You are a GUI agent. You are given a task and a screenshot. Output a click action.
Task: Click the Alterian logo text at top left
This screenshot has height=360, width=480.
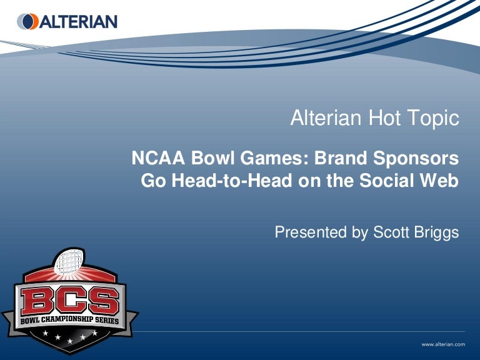[x=78, y=22]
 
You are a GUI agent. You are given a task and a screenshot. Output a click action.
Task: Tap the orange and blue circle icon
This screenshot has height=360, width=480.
[x=28, y=22]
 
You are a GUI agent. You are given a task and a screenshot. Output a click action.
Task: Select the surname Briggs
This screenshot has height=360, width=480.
[x=437, y=232]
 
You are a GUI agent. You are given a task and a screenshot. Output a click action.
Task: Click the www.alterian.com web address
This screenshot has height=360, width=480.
[x=443, y=344]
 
